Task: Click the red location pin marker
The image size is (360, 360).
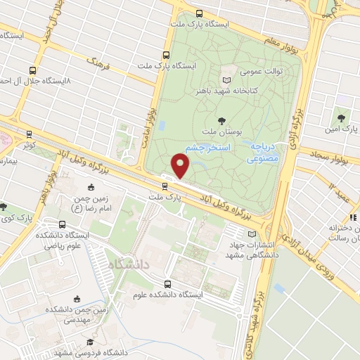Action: click(181, 166)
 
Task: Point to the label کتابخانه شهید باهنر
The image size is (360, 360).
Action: click(226, 90)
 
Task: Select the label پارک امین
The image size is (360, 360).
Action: click(342, 130)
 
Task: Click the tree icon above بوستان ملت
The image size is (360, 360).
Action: click(223, 122)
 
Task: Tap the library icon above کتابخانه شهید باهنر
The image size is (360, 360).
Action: click(226, 79)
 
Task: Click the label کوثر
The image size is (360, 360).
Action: click(29, 143)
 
